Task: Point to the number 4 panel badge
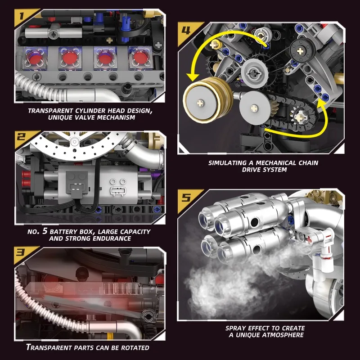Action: coord(186,31)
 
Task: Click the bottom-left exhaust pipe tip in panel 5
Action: coord(208,247)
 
